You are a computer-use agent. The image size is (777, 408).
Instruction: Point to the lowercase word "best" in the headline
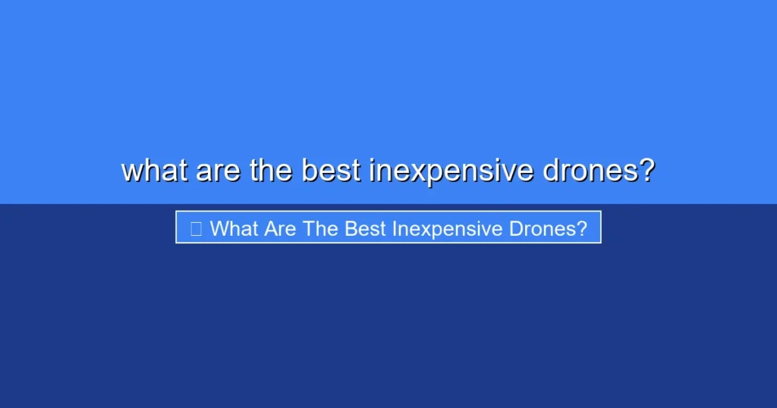point(332,171)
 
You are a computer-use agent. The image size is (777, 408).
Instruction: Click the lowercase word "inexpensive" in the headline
point(451,171)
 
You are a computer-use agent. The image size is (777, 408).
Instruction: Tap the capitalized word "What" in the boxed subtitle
point(234,228)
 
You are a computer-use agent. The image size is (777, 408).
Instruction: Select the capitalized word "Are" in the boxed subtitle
point(282,228)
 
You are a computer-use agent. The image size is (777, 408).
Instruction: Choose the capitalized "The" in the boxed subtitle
point(321,228)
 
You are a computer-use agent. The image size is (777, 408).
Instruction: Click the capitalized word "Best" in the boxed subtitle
point(366,228)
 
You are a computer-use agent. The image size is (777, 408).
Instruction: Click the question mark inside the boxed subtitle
point(582,228)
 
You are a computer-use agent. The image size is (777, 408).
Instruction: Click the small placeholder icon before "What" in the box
point(196,228)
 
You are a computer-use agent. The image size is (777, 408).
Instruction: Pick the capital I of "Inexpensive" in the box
point(395,228)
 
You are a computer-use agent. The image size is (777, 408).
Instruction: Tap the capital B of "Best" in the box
point(351,228)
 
